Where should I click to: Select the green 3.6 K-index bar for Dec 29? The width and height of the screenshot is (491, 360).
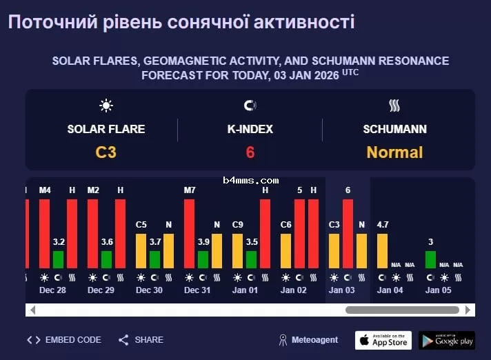106,259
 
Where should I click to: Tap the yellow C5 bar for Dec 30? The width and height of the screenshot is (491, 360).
141,251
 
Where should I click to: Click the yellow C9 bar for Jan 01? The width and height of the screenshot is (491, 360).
237,251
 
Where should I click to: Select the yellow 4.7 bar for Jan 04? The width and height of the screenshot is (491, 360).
382,251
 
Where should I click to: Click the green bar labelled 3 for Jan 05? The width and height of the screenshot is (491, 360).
430,259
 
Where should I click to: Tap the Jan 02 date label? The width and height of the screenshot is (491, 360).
294,290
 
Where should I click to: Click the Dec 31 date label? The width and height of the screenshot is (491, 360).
197,290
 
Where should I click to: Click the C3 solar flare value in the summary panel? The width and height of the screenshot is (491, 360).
106,152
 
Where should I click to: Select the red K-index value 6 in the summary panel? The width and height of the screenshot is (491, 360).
250,152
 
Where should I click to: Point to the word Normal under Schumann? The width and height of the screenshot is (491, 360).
394,152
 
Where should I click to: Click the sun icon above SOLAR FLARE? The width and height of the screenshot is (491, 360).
106,106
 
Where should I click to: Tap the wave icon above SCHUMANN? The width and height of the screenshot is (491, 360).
394,106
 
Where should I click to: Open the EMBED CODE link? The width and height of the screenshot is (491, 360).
64,340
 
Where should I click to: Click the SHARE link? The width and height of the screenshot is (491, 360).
141,340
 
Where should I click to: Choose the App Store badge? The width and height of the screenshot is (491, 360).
383,340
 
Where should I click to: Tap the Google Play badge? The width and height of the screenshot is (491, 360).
446,340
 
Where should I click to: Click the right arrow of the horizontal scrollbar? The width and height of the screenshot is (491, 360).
468,310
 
